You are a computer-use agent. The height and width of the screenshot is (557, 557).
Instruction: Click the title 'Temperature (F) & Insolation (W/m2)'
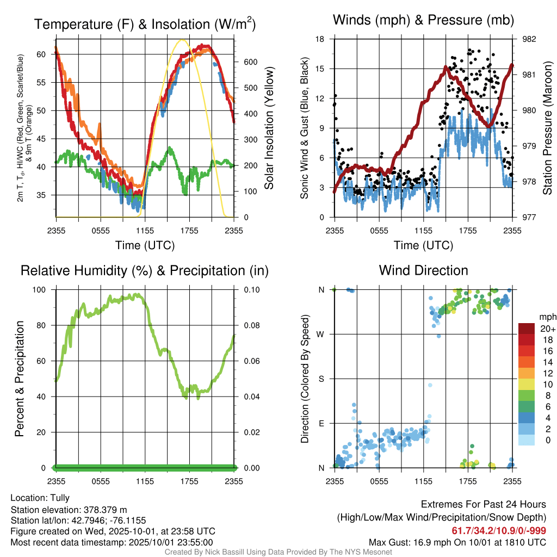pyautogui.click(x=145, y=24)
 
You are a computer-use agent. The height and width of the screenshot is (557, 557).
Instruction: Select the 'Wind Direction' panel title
pyautogui.click(x=423, y=270)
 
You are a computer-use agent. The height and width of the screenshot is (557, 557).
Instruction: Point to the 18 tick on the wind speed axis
pyautogui.click(x=320, y=39)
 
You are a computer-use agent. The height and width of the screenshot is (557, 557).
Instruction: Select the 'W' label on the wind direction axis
pyautogui.click(x=321, y=334)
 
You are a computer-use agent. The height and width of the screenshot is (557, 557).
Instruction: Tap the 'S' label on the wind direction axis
pyautogui.click(x=321, y=379)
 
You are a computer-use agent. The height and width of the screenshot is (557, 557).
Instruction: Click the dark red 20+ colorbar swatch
pyautogui.click(x=528, y=329)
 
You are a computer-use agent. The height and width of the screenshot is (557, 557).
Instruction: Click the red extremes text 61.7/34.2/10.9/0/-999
pyautogui.click(x=499, y=530)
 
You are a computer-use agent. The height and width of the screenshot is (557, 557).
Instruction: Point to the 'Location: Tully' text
pyautogui.click(x=40, y=498)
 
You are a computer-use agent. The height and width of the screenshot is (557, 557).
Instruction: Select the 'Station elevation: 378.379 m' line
pyautogui.click(x=69, y=510)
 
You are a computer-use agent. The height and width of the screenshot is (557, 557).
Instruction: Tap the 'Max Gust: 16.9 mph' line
pyautogui.click(x=457, y=542)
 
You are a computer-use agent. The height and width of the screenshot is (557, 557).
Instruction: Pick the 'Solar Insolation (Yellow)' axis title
pyautogui.click(x=269, y=128)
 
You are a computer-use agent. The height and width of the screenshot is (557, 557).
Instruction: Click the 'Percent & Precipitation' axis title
pyautogui.click(x=20, y=379)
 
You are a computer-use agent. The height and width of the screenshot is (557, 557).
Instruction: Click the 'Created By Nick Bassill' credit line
pyautogui.click(x=278, y=552)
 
